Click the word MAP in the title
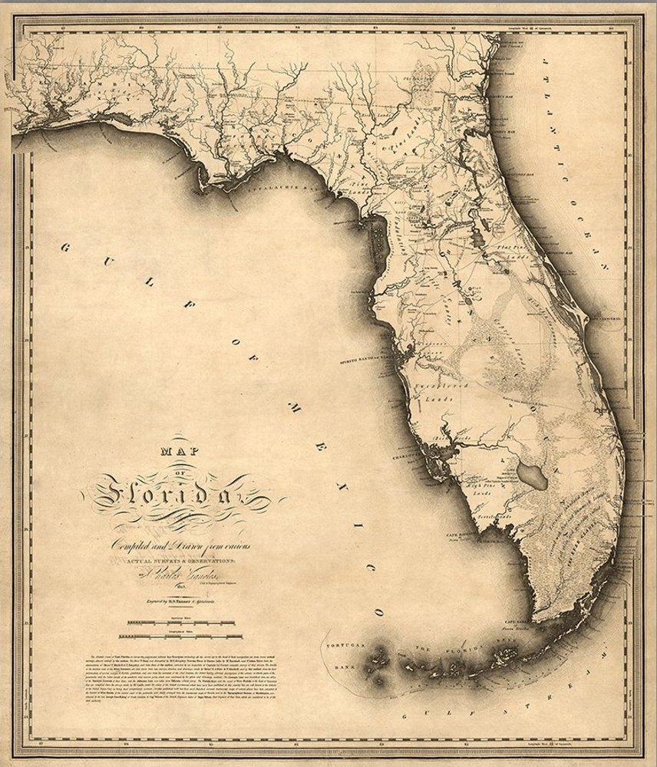pos(178,453)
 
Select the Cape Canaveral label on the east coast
pos(611,316)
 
